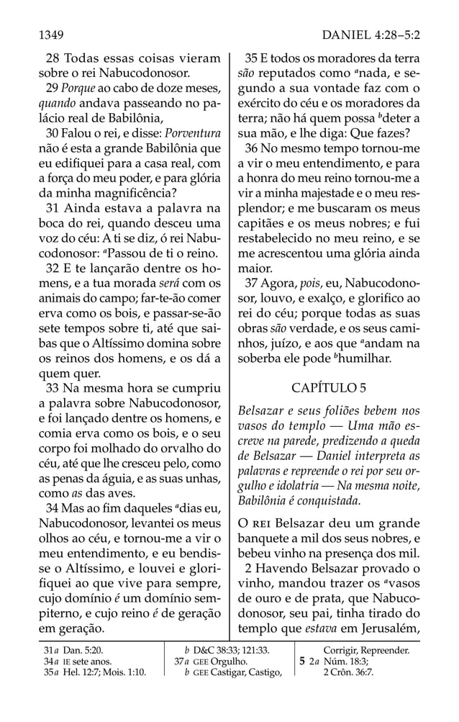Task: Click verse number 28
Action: tap(52, 58)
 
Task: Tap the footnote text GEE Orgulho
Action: tap(223, 662)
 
